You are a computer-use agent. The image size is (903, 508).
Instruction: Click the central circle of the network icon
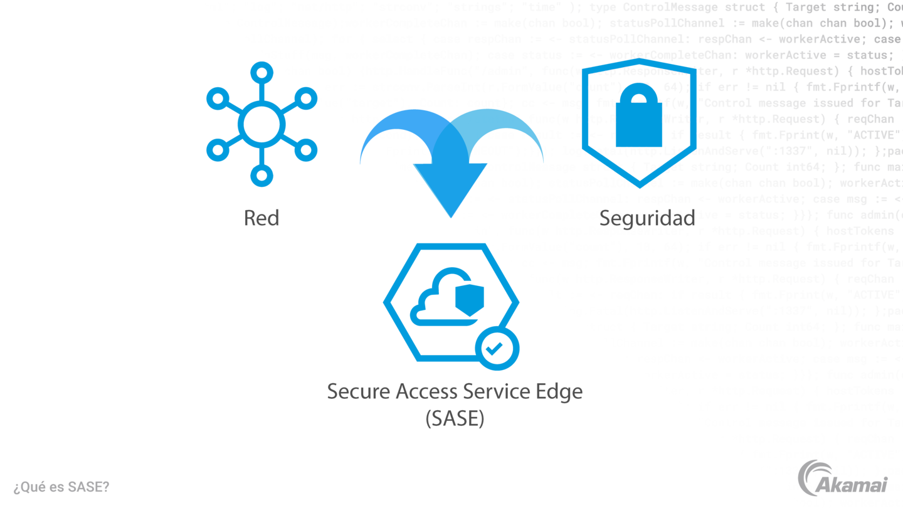(261, 124)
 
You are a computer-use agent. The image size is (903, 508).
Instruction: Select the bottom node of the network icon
(261, 177)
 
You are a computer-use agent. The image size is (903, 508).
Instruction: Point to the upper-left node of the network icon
(216, 98)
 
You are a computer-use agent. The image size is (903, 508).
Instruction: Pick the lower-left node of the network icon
(216, 151)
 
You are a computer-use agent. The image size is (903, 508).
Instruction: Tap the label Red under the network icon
(261, 218)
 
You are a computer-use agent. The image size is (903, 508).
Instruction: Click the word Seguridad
(647, 218)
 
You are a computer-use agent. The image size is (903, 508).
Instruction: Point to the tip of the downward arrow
(450, 216)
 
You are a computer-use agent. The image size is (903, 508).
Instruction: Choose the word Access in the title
(426, 391)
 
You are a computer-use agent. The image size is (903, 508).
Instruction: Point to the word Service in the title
(496, 391)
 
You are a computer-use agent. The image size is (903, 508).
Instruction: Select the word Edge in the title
(559, 391)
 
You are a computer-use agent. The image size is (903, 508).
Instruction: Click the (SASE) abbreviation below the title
(455, 418)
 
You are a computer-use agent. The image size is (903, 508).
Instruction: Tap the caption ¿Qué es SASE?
(61, 487)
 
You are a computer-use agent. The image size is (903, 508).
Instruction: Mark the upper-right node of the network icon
(307, 98)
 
